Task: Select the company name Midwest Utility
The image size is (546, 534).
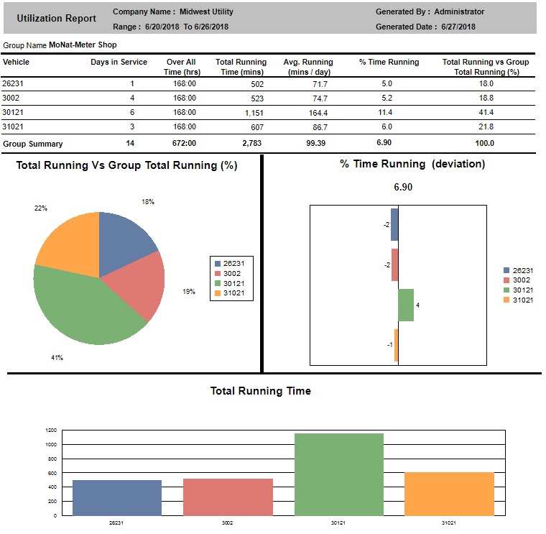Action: tap(207, 11)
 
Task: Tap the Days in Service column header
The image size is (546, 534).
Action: tap(119, 63)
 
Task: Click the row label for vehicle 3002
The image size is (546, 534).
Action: tap(10, 98)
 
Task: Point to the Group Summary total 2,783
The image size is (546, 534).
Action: tap(253, 144)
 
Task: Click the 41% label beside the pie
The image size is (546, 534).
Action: tap(57, 357)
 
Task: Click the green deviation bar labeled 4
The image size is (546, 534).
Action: tap(405, 305)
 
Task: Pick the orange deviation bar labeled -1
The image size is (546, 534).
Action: tap(396, 345)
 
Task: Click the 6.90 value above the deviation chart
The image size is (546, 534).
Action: tap(402, 187)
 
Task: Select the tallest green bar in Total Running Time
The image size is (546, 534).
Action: tap(339, 474)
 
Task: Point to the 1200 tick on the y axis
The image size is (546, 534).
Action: tap(50, 431)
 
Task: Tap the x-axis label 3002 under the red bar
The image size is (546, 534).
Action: tap(228, 523)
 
